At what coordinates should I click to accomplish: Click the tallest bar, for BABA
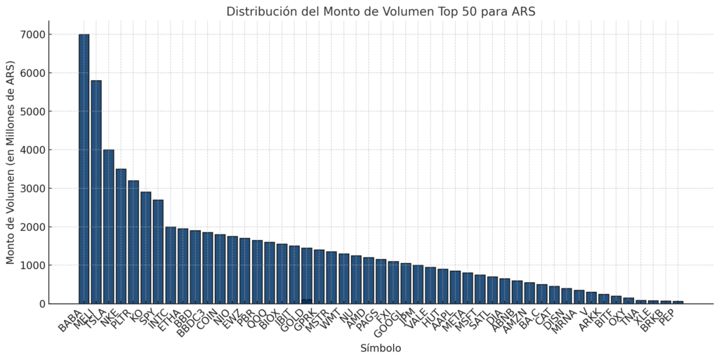click(84, 168)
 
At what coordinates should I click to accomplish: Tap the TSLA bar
click(109, 227)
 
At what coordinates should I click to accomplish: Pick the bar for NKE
click(121, 236)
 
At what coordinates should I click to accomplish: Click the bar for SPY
click(158, 252)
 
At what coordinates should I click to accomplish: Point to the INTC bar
click(171, 265)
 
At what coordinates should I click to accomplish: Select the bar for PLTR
click(133, 242)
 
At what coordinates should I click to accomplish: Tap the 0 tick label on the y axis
click(42, 304)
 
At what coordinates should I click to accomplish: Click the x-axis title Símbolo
click(381, 348)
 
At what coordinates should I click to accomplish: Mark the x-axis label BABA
click(72, 318)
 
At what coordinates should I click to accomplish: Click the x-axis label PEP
click(672, 314)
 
